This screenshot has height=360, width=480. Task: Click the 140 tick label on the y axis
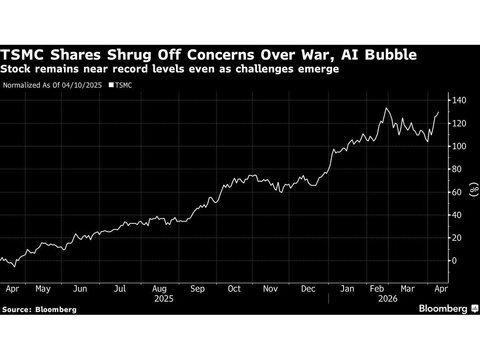click(459, 100)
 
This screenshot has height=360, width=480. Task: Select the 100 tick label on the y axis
click(459, 146)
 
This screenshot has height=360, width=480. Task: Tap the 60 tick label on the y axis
click(457, 192)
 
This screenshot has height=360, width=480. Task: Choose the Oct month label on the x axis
click(234, 289)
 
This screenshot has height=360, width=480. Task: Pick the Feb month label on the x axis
click(376, 289)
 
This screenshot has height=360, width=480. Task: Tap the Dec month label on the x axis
click(308, 289)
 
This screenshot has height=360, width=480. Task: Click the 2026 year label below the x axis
click(387, 299)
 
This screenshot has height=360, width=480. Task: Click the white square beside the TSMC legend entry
click(111, 85)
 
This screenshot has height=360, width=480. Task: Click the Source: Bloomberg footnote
click(39, 309)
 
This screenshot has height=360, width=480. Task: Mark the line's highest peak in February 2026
click(386, 108)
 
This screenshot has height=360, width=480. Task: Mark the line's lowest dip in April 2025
click(15, 266)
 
